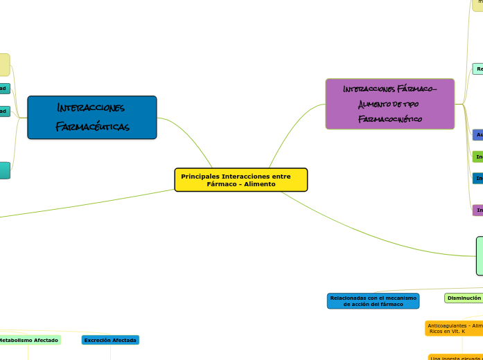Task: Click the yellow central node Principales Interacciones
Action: pos(240,179)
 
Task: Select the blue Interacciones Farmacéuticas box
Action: pos(92,118)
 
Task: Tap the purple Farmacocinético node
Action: pos(390,104)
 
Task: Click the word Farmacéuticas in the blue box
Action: pos(92,127)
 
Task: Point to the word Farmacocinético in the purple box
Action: pos(390,119)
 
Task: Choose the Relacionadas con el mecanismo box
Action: pos(373,300)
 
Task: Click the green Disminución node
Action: pos(464,298)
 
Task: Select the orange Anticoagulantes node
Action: pos(454,328)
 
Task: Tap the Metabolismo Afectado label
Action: pos(29,340)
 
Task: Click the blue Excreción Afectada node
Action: pos(110,340)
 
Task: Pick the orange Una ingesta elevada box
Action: pos(455,357)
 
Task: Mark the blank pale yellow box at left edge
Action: pos(4,64)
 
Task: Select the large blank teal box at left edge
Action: pos(4,170)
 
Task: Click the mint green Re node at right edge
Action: pos(477,69)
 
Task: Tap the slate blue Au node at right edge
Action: pos(477,135)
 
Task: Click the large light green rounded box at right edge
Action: pos(479,255)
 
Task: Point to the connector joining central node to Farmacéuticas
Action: pos(188,132)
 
